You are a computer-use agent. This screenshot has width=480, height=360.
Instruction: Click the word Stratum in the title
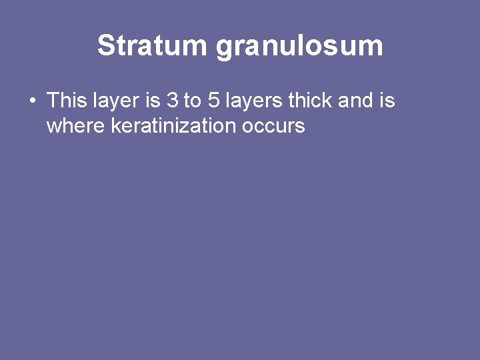[153, 46]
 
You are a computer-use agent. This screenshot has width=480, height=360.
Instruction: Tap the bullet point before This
[32, 101]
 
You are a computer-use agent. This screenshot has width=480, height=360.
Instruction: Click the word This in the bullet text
[67, 101]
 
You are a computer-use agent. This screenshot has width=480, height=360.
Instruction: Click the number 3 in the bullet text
[173, 101]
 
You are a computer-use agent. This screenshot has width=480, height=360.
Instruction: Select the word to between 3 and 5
[192, 101]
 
